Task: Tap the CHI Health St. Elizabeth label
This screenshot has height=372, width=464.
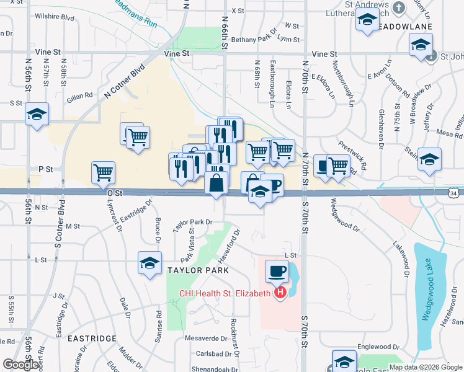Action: click(x=225, y=293)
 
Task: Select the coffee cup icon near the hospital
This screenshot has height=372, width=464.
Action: click(x=277, y=271)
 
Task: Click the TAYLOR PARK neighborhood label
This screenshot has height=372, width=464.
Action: click(x=198, y=270)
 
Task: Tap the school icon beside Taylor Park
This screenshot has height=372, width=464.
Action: click(x=149, y=263)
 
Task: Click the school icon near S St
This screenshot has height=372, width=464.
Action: click(x=37, y=114)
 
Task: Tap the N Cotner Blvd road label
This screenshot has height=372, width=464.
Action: click(x=124, y=81)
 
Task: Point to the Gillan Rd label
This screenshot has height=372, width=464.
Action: click(x=80, y=95)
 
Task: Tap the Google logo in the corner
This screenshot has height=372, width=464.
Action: click(x=20, y=365)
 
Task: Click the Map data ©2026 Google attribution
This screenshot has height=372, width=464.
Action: click(x=425, y=367)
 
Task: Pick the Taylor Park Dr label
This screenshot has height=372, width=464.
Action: click(x=193, y=221)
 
